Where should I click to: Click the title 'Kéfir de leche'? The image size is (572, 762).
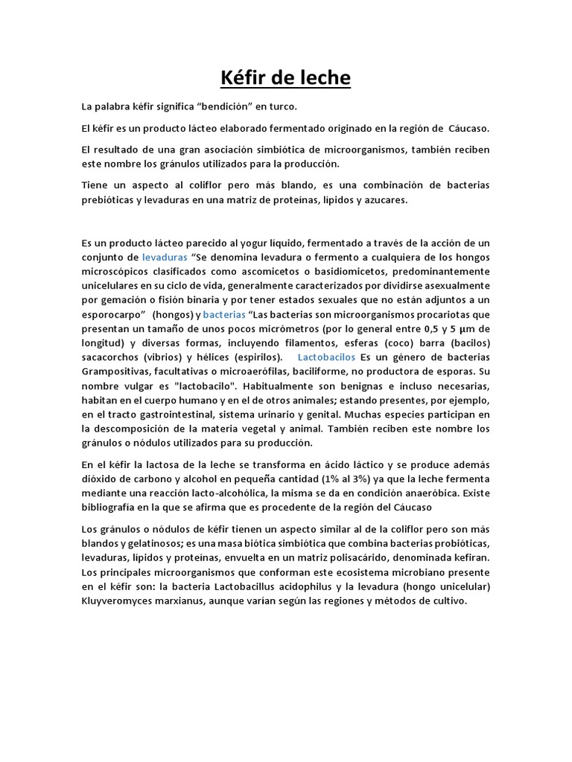click(286, 78)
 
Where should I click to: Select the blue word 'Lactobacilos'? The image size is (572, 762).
click(326, 356)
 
